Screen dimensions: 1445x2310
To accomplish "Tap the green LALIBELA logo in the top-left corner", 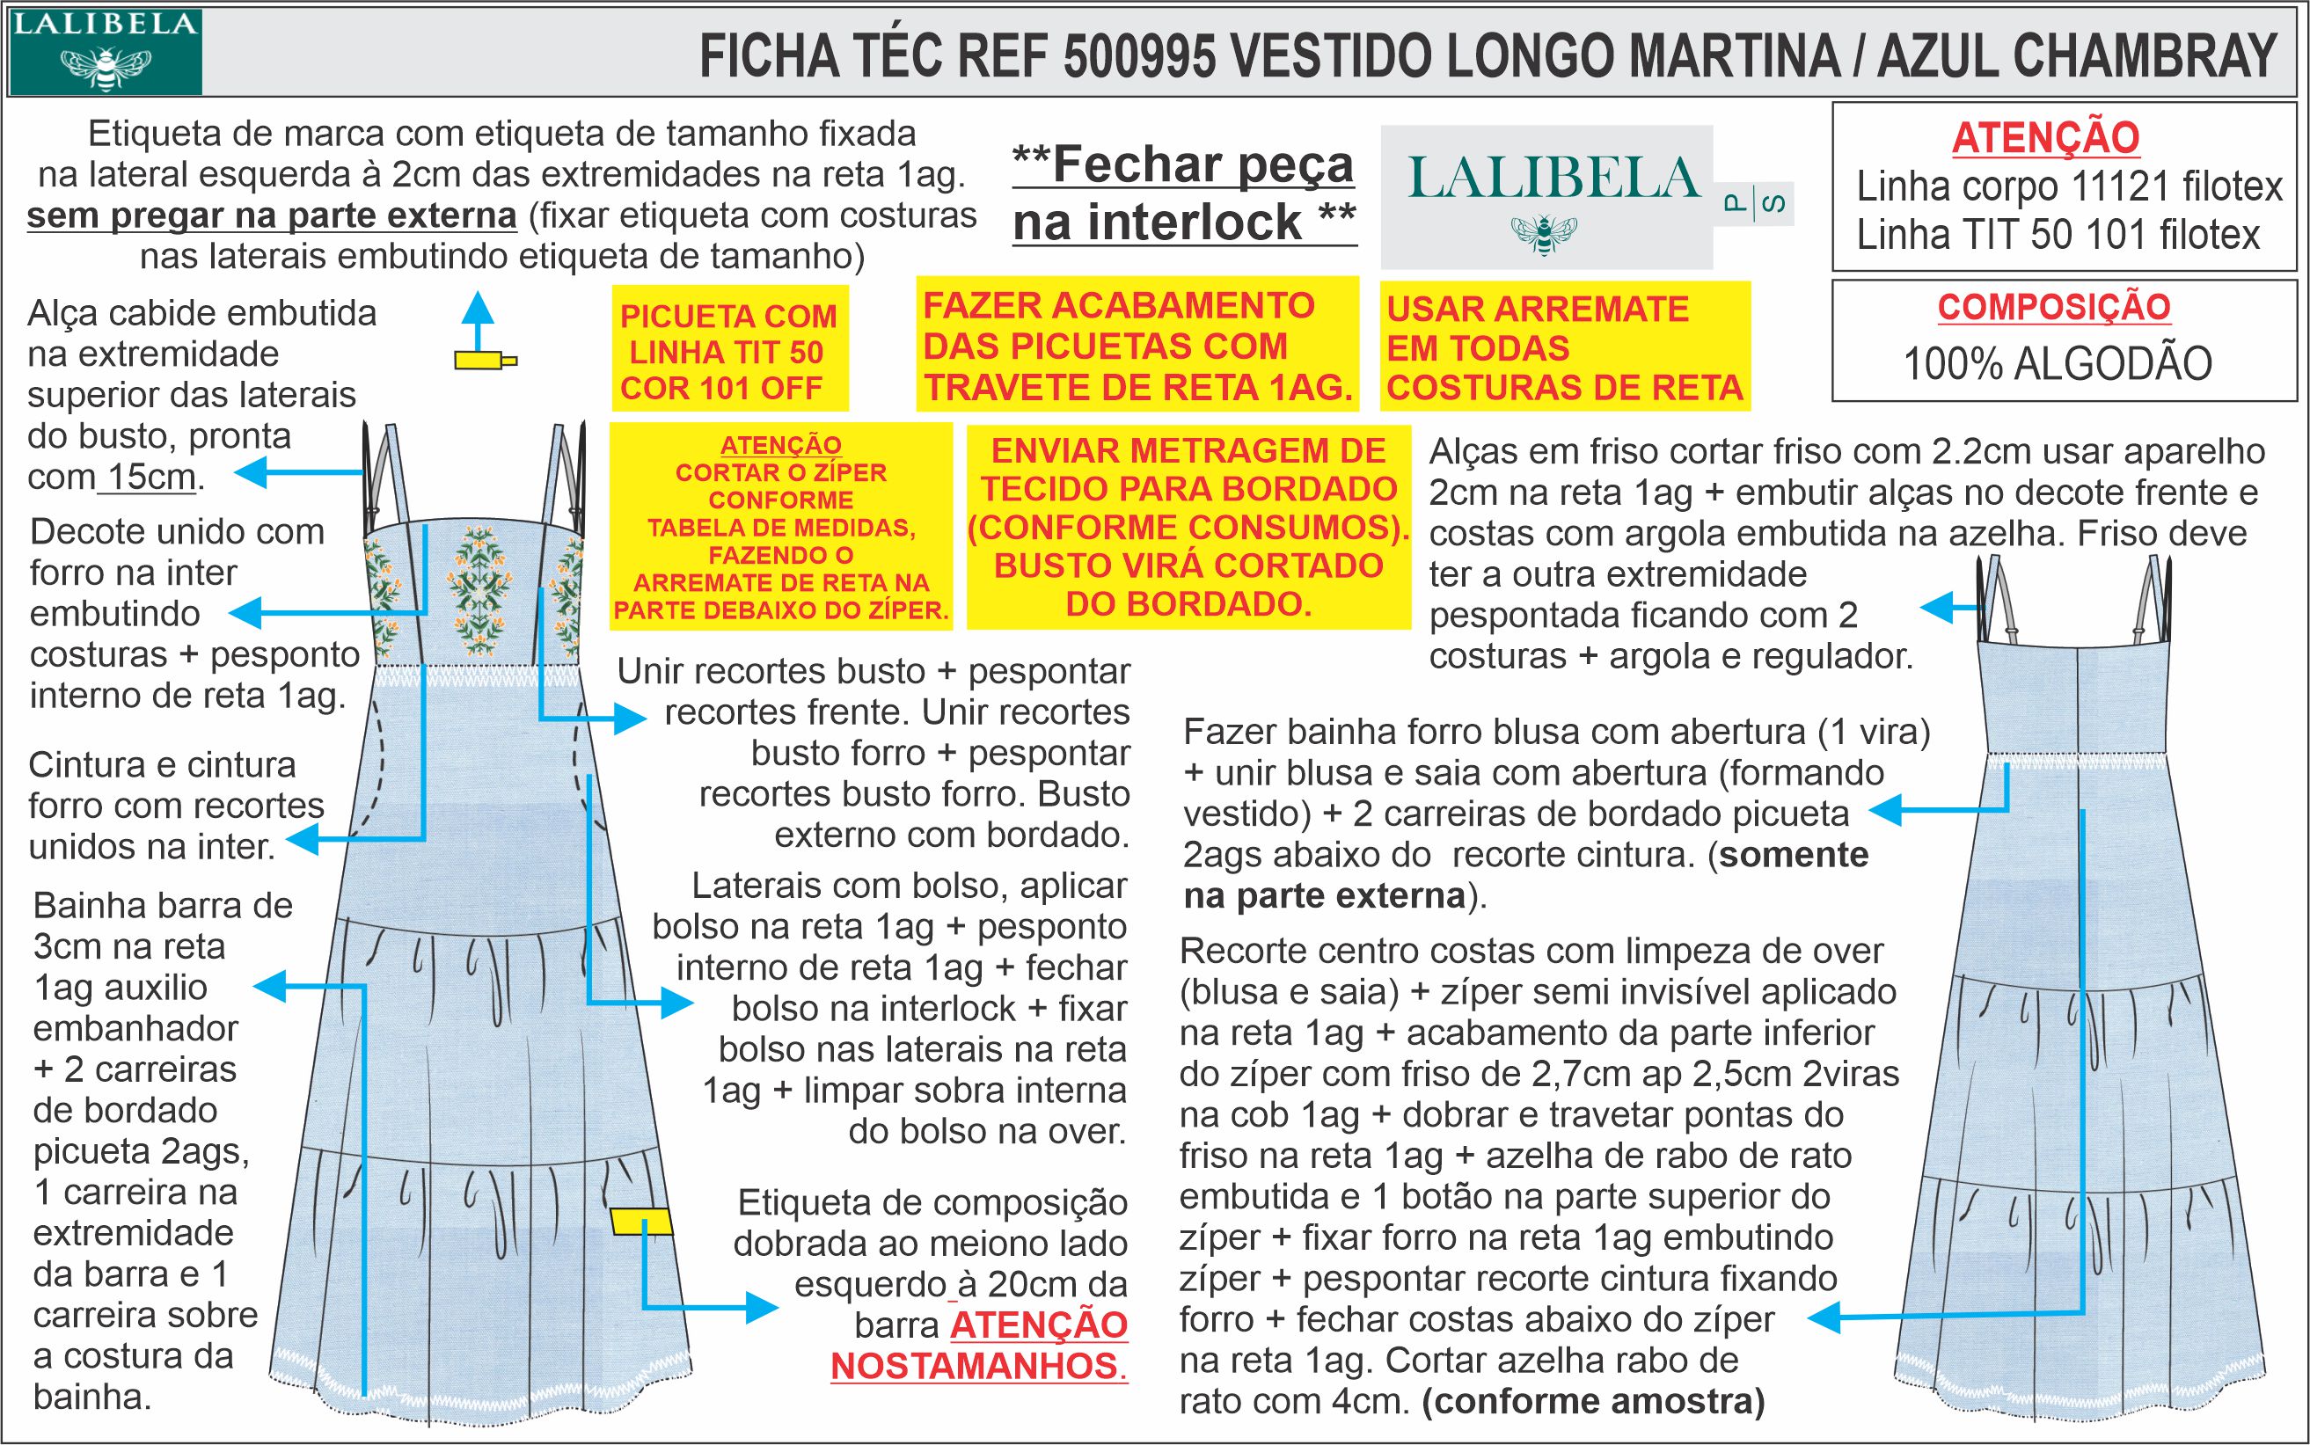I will [106, 50].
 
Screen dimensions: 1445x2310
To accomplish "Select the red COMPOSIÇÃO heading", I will [2054, 307].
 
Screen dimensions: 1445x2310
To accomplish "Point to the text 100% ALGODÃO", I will [2057, 364].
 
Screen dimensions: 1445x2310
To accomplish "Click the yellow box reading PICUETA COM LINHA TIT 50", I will [728, 352].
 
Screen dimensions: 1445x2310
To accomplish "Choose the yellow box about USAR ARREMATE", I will [1565, 348].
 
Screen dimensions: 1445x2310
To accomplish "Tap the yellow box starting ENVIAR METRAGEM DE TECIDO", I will [1188, 527].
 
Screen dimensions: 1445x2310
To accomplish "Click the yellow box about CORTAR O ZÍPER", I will [781, 528].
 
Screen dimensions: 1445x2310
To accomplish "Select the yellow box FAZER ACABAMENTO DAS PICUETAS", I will [1137, 346].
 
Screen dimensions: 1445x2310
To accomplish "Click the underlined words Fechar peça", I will [1183, 166].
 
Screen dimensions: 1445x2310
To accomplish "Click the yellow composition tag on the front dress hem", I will [641, 1222].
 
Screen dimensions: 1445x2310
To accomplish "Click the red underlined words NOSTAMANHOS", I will [979, 1366].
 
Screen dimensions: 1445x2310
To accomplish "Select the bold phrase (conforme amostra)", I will [1593, 1401].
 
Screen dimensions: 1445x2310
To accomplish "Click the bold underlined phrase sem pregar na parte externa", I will [272, 216].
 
